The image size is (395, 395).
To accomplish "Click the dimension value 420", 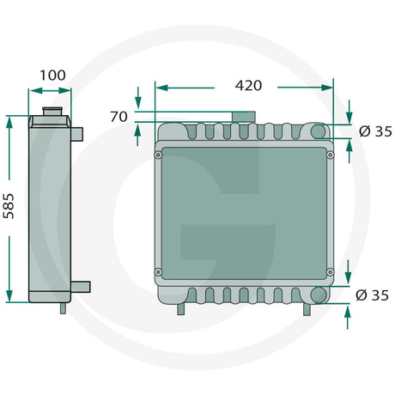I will click(x=247, y=86).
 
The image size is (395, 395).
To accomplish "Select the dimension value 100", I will click(x=52, y=76).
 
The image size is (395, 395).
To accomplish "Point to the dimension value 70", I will click(x=118, y=116).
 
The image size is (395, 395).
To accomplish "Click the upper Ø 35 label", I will click(x=373, y=131).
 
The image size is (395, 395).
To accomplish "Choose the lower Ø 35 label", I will click(x=373, y=295).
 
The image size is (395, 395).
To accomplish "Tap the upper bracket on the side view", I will click(x=76, y=134).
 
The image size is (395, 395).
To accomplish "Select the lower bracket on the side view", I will click(x=80, y=286).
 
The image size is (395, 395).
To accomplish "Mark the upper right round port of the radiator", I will click(x=319, y=131).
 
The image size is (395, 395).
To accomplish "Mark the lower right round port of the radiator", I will click(x=319, y=295).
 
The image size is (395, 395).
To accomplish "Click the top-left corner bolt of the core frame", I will click(x=159, y=155).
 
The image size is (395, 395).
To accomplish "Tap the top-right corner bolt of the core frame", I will click(x=331, y=155).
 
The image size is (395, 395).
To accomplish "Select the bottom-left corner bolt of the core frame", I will click(x=159, y=273).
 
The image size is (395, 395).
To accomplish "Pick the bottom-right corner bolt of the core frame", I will click(x=331, y=273).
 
